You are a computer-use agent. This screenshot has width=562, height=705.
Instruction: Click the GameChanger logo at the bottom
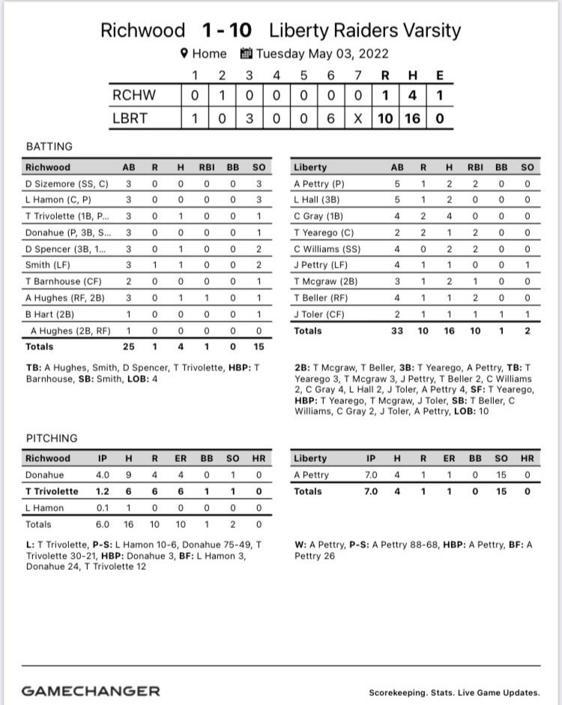click(x=91, y=691)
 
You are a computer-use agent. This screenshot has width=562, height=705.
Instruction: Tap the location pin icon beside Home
click(x=183, y=54)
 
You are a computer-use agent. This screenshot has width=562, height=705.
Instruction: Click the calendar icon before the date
click(x=246, y=54)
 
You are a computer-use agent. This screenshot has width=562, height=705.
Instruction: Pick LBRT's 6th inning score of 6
click(x=330, y=118)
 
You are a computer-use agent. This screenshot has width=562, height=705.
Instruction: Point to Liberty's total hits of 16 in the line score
click(x=413, y=118)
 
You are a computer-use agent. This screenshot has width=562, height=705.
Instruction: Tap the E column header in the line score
click(x=439, y=75)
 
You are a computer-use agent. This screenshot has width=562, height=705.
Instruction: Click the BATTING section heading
click(x=49, y=146)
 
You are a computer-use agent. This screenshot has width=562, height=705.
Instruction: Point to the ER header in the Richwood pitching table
click(x=181, y=458)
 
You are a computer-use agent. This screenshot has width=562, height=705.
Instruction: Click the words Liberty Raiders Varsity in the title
click(x=365, y=31)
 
